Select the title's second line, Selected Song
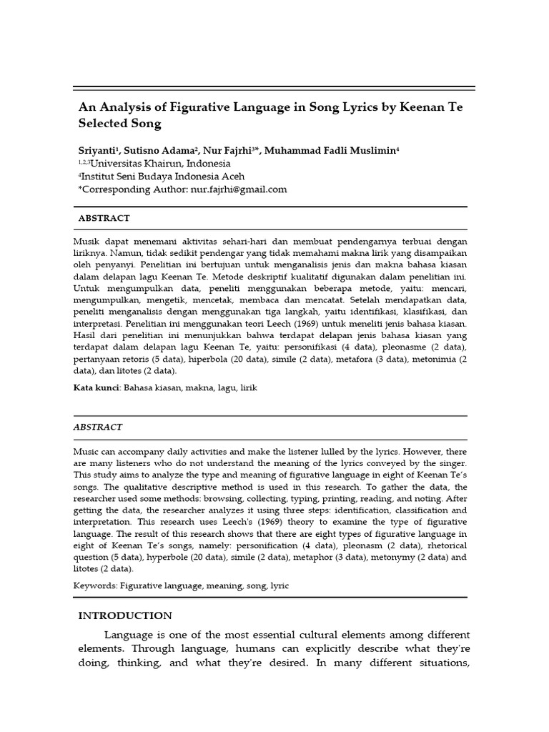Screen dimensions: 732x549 click(119, 124)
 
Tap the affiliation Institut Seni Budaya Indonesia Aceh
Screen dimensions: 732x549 click(162, 177)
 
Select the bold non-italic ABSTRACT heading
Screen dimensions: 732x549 click(104, 219)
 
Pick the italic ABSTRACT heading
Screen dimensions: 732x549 click(97, 427)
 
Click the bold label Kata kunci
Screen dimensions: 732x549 click(97, 388)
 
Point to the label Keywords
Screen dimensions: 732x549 click(95, 586)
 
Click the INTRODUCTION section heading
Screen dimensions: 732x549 click(124, 616)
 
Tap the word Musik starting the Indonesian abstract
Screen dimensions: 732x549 click(86, 242)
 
